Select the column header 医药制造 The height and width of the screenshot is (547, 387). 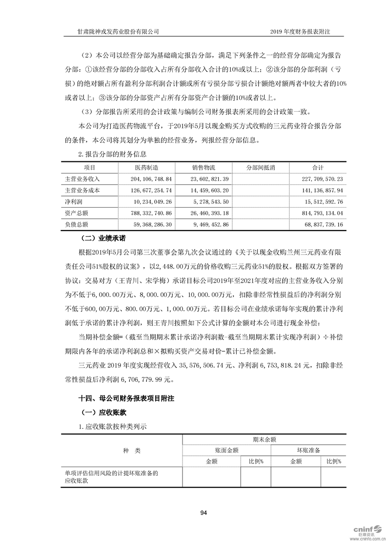pos(146,168)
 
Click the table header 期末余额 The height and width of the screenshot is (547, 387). pos(262,439)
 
